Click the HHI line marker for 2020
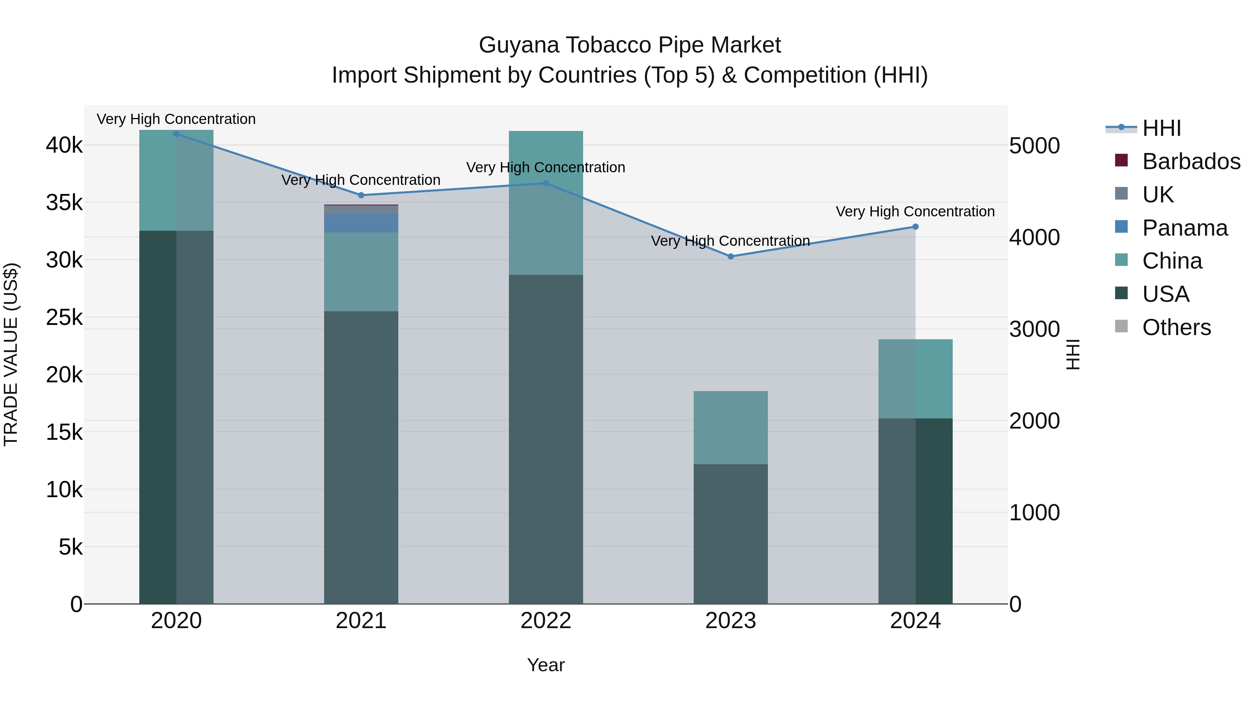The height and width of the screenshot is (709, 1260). click(177, 134)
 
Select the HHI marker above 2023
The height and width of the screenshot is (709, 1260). click(731, 256)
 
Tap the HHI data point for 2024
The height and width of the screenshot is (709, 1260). click(916, 227)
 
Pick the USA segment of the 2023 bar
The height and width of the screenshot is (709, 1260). click(731, 533)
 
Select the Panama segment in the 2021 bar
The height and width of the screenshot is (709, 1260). click(361, 223)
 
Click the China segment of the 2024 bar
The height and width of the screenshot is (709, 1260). click(916, 379)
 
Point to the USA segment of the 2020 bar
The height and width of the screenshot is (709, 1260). click(177, 416)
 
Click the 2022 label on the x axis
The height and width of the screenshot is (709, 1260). click(546, 621)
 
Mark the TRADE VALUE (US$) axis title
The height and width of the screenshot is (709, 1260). click(11, 354)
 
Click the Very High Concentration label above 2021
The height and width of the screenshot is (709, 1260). click(361, 180)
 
